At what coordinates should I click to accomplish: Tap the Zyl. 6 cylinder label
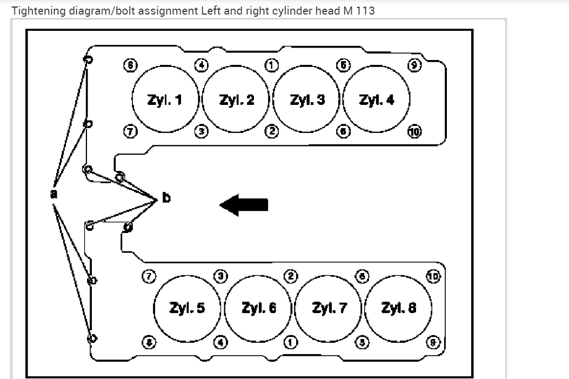tap(259, 308)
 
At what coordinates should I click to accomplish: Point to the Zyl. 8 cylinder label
tap(399, 308)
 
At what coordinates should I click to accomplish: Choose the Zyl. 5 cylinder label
tap(187, 308)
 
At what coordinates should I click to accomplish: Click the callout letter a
tap(53, 193)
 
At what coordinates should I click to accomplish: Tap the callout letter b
tap(166, 198)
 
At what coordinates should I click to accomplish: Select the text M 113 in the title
tap(359, 10)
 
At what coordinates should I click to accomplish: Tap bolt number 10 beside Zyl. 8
tap(434, 276)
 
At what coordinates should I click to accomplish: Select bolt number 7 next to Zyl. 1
tap(130, 130)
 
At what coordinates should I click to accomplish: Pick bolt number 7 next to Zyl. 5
tap(148, 276)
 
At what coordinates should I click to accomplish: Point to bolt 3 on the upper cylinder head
tap(200, 130)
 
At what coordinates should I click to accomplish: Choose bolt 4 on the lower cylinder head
tap(220, 341)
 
